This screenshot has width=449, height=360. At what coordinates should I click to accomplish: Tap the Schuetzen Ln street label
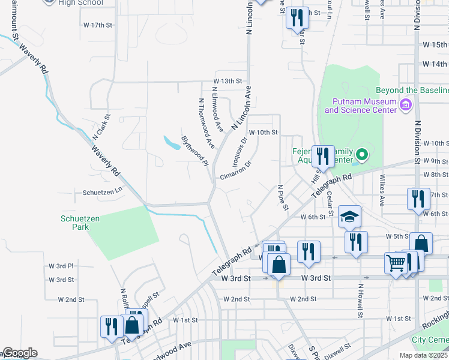(x=103, y=192)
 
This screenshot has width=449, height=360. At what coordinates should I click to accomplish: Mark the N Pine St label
(x=283, y=198)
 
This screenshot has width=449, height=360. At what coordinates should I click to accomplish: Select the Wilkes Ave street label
(x=382, y=190)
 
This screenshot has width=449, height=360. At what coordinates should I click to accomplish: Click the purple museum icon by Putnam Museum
(x=406, y=106)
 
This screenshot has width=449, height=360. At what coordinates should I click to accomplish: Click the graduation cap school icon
(x=349, y=216)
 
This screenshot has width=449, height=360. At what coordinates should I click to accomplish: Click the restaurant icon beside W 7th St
(x=418, y=198)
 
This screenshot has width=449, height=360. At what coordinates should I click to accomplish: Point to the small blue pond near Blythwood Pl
(x=172, y=143)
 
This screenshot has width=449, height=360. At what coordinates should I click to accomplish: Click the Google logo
(x=19, y=353)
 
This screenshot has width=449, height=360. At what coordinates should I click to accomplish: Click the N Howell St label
(x=361, y=302)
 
